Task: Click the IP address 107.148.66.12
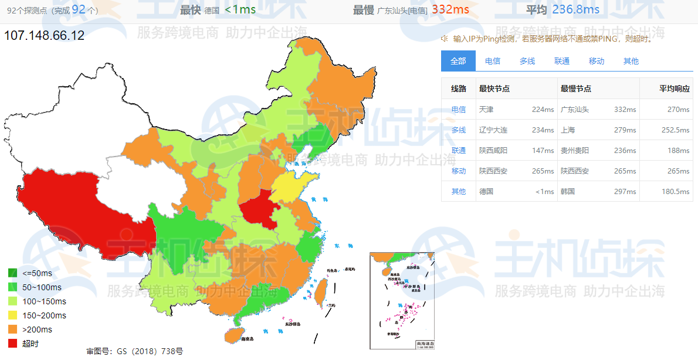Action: [45, 36]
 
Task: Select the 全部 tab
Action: [458, 61]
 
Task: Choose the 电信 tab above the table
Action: [493, 61]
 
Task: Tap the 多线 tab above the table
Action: [527, 61]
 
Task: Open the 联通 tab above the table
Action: [562, 61]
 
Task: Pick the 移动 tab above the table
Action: [597, 61]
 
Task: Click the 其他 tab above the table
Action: [631, 61]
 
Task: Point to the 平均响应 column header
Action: [674, 89]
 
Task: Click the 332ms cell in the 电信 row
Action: [625, 110]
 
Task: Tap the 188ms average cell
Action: [679, 151]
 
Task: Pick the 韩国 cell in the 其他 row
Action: [568, 192]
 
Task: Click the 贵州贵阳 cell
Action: [575, 151]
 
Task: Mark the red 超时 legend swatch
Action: [13, 344]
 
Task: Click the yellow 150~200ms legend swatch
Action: [13, 315]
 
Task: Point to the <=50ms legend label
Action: [38, 273]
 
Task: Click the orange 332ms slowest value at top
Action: [450, 9]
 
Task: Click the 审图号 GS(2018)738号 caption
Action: [134, 351]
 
